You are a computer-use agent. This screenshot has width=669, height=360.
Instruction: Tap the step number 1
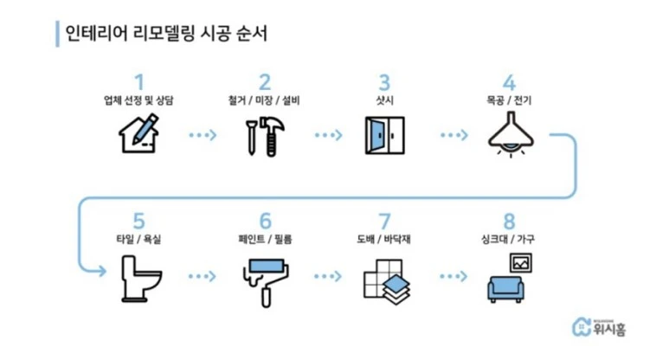click(x=138, y=83)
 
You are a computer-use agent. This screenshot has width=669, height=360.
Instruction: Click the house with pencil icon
click(x=138, y=136)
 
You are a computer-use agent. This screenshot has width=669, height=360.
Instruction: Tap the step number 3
click(x=383, y=83)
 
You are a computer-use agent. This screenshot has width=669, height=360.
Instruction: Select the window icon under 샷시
click(x=384, y=136)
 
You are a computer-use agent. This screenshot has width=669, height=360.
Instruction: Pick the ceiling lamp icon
click(x=509, y=136)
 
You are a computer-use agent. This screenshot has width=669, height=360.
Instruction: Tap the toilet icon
click(x=138, y=276)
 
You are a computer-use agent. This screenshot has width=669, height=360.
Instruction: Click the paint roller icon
click(x=264, y=276)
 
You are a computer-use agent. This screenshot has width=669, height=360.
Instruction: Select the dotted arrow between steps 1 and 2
click(x=201, y=136)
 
